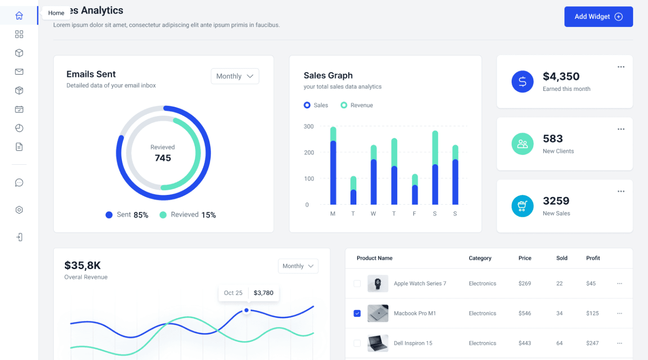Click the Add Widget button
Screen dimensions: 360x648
(598, 17)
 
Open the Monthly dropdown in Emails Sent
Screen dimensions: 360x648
(235, 76)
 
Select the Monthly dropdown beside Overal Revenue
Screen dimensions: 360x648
(298, 266)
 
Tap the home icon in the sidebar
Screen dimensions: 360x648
(19, 16)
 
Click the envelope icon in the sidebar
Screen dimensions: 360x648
(19, 72)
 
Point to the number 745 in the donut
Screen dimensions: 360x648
(163, 158)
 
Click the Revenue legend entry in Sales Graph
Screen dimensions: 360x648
(357, 105)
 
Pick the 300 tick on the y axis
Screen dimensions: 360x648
(309, 126)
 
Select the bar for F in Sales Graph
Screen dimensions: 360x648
(414, 189)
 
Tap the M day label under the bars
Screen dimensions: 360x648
(333, 214)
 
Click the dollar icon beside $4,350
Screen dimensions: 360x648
(522, 81)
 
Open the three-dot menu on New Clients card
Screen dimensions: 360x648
(621, 129)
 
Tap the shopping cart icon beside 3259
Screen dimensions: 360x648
(522, 206)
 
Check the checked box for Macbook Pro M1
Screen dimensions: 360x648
(357, 313)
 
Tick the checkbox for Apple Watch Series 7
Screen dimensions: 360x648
(357, 283)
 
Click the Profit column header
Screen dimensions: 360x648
(593, 258)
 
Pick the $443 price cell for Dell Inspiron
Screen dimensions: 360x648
(525, 343)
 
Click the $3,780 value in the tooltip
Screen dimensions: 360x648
(263, 293)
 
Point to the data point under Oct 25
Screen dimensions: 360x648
(247, 310)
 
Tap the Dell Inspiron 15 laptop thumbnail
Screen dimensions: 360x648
(378, 343)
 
